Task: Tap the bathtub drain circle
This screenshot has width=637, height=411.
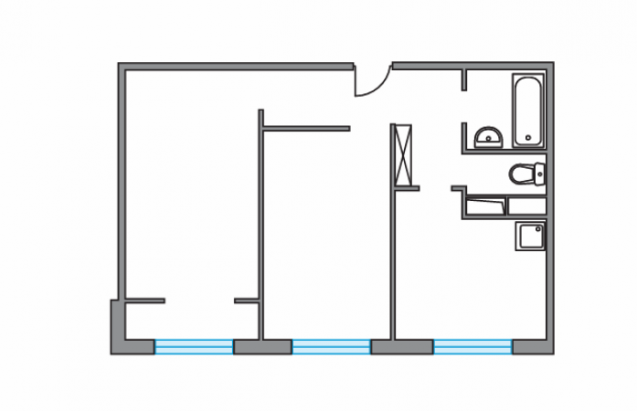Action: tap(528, 138)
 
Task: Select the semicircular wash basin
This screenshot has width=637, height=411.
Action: tap(487, 138)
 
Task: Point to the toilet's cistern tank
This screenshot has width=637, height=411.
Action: tap(540, 173)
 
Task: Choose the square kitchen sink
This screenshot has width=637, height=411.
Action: tap(529, 237)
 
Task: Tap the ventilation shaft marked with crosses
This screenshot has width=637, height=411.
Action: tap(403, 154)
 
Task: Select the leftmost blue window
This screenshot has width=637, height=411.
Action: tap(194, 346)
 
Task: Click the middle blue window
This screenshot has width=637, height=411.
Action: tap(331, 346)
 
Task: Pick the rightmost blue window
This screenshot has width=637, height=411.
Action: tap(472, 346)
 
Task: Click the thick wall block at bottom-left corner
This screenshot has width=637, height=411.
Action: tap(122, 333)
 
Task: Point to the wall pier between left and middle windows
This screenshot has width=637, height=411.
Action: tap(261, 346)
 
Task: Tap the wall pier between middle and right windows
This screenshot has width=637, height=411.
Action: tap(401, 346)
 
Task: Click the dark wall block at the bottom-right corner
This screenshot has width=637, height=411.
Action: tap(533, 346)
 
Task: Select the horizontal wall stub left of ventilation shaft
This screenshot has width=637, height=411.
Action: tap(306, 128)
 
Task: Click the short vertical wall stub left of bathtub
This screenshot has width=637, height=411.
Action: tap(464, 79)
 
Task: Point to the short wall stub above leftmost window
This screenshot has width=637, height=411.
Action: tap(144, 300)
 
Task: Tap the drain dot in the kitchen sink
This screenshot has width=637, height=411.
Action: tap(529, 237)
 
